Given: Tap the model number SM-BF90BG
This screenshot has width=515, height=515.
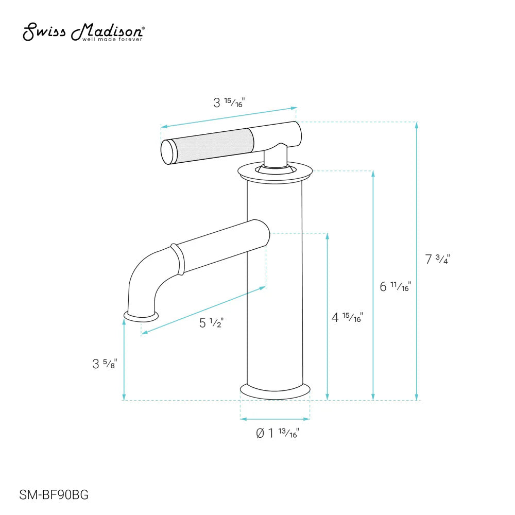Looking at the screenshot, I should point(54,495).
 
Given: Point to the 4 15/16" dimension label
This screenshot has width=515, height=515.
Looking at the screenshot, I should point(347,317).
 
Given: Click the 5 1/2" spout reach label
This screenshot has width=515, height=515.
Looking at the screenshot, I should point(212,323).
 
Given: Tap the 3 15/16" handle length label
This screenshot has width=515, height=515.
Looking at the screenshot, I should point(229,102).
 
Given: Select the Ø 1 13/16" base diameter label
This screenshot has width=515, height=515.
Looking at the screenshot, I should point(278,434).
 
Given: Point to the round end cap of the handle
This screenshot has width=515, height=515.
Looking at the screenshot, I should point(168,152).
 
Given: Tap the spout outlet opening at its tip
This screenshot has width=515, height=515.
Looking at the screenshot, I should point(140,315).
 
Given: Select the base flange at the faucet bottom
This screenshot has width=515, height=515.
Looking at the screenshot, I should point(274,391).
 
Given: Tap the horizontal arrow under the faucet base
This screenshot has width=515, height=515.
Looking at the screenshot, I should point(275,419).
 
